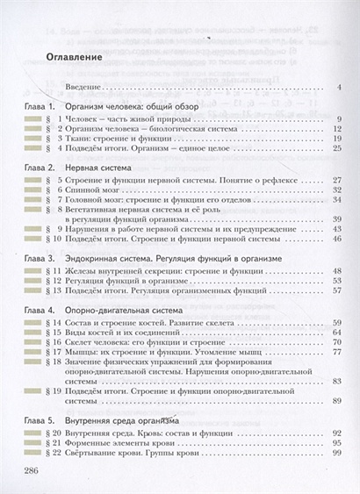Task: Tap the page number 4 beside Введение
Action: pos(338,88)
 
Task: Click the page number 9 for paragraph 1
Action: pos(338,118)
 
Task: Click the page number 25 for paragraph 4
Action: pos(336,149)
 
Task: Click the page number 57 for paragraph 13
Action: pos(336,292)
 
